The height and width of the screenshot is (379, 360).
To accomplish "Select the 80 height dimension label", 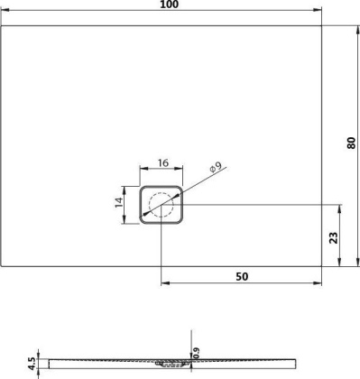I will tap(352, 143).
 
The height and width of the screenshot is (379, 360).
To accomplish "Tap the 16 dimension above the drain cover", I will tap(162, 162).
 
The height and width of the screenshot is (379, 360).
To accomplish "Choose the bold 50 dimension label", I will tap(242, 275).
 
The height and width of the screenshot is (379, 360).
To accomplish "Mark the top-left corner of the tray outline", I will tap(4, 24).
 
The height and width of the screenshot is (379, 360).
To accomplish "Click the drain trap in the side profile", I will tap(171, 365).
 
